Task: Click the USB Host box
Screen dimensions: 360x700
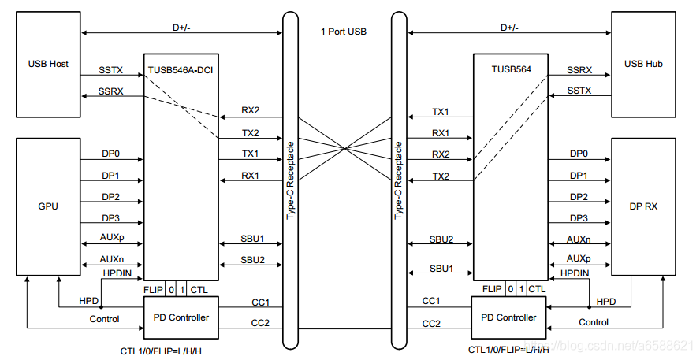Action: (x=48, y=65)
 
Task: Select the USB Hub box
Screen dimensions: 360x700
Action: (x=644, y=65)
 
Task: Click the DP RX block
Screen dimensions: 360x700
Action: (x=644, y=206)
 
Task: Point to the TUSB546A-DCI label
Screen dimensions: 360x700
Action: (x=181, y=70)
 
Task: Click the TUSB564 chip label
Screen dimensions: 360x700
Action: (x=511, y=70)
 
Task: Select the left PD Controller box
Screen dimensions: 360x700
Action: (x=181, y=317)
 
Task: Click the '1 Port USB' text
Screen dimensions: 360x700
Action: (x=343, y=32)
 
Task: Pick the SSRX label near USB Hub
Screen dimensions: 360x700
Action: (x=581, y=70)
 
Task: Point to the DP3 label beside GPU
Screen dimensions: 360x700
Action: (x=110, y=217)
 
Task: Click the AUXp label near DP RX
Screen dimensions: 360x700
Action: (x=579, y=258)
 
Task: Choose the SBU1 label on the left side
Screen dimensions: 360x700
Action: (x=252, y=239)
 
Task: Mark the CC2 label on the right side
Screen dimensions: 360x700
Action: (x=431, y=323)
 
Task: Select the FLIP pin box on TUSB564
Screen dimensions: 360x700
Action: (x=493, y=289)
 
